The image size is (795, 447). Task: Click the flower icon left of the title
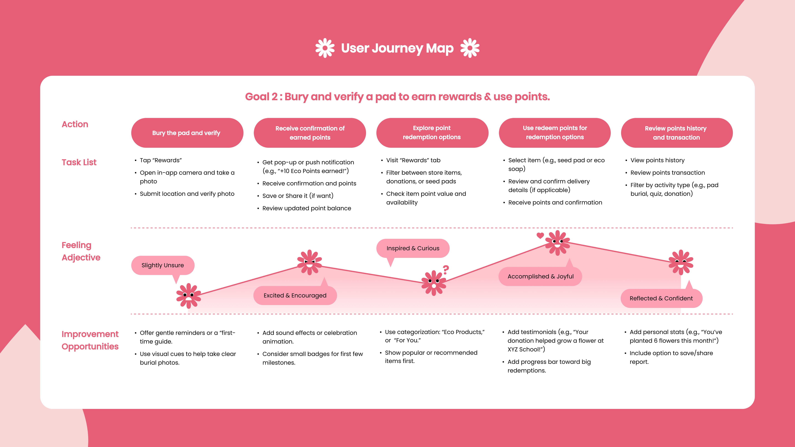325,48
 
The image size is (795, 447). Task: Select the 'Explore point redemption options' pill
432,133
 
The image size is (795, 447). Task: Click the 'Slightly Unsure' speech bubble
163,265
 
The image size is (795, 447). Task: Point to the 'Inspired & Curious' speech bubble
413,248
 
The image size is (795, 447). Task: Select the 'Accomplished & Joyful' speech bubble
540,276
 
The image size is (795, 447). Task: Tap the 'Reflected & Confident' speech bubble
661,298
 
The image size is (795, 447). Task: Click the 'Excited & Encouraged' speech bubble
295,296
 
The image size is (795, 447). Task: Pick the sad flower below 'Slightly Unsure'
188,296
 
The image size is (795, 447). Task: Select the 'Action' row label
75,124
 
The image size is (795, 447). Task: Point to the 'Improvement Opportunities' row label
90,340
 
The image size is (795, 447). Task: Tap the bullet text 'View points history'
657,160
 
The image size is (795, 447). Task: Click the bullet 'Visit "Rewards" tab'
413,160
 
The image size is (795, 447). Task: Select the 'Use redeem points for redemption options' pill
555,133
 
